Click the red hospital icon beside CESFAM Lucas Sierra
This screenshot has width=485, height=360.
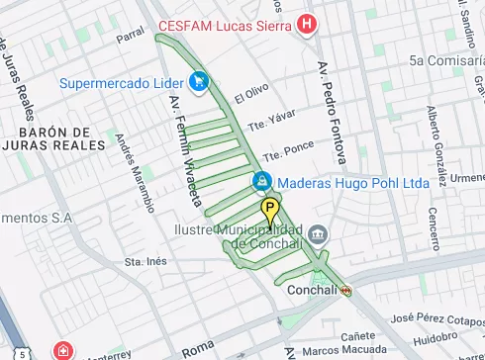308,23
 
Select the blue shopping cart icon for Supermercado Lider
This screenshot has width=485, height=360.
199,81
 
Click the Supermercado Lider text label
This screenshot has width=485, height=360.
122,82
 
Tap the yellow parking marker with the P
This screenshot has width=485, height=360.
270,211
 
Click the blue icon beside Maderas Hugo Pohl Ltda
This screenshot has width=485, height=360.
261,182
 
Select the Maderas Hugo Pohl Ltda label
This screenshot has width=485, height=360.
352,183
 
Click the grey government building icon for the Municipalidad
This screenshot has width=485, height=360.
318,235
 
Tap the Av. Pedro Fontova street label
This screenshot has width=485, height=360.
332,111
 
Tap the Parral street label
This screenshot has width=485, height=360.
130,37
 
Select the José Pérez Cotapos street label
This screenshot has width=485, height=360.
436,319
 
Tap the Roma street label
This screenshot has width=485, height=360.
198,348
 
